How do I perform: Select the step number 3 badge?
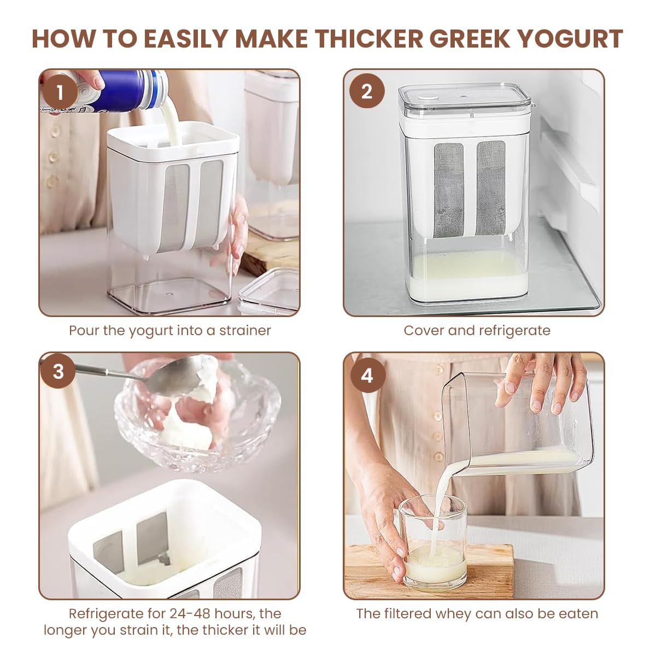tap(59, 373)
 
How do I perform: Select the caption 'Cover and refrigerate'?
tap(477, 330)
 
